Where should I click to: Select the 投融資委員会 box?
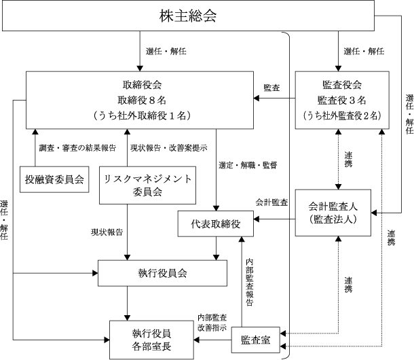pos(54,179)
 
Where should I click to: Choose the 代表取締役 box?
pos(214,223)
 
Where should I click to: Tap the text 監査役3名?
pos(342,100)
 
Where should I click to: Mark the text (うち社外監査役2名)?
pos(342,115)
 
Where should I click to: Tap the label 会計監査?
pos(271,202)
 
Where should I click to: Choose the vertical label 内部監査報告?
pos(250,283)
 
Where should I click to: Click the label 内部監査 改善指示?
pos(212,322)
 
